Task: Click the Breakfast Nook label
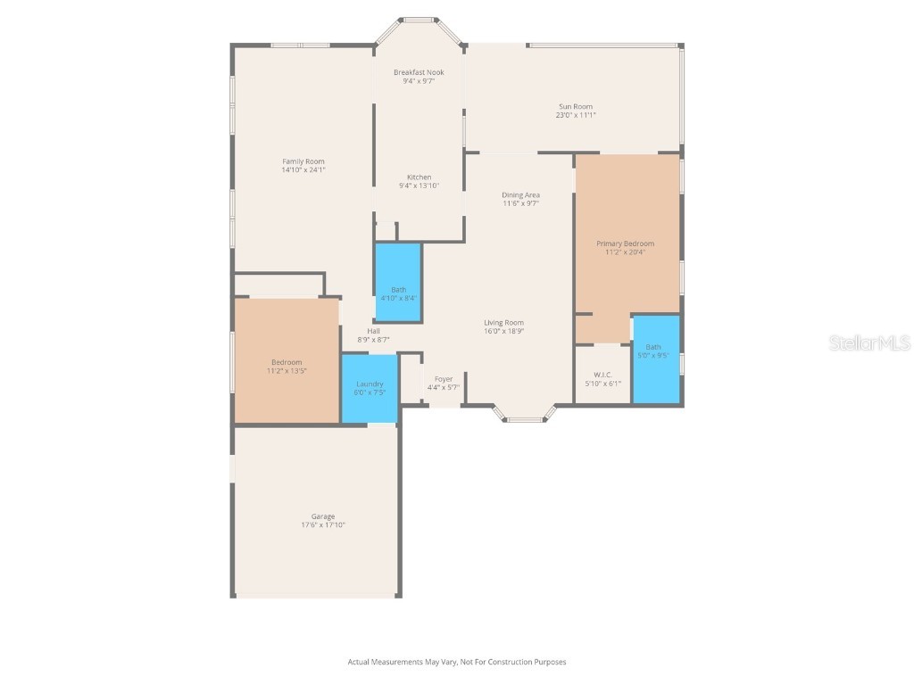419,72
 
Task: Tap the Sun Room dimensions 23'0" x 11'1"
575,115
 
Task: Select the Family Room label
303,161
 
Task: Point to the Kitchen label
419,177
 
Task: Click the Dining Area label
520,194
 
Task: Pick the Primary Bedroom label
625,243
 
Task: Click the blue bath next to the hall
398,283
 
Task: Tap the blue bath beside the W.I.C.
655,359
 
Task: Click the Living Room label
503,323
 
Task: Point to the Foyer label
443,379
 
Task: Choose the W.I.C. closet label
602,375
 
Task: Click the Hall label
373,331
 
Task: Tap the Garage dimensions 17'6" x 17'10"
323,525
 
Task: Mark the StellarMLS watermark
869,342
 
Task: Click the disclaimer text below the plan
457,662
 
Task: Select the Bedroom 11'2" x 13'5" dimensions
287,370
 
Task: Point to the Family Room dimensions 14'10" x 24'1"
303,169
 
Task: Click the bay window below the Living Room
525,416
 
